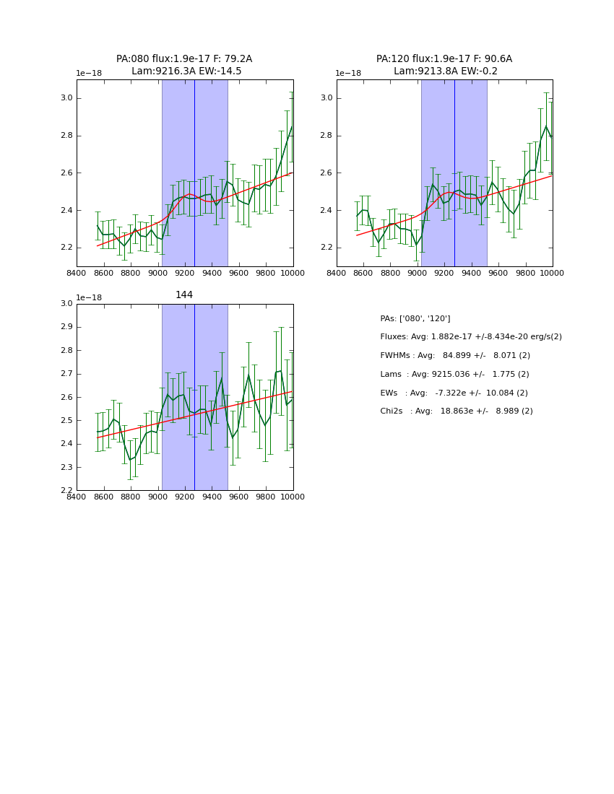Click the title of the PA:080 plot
184,65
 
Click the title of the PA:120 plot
444,65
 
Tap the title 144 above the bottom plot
184,295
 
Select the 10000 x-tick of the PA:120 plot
552,273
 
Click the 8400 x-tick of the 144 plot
77,497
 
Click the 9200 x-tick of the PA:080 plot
185,273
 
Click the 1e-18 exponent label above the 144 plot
89,298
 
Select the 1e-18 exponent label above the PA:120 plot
348,74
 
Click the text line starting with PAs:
415,318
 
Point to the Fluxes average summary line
470,337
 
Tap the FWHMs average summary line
455,356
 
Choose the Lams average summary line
454,375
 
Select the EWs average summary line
454,393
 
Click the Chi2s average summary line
456,411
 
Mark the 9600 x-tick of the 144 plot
239,497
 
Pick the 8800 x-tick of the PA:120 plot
390,273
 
